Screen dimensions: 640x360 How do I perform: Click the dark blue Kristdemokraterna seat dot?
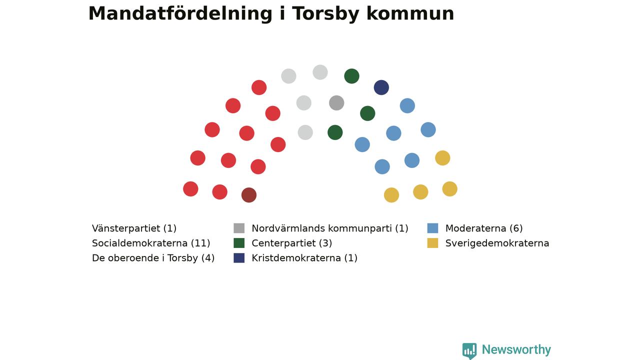click(x=381, y=87)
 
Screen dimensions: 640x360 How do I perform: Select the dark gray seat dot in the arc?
click(x=336, y=103)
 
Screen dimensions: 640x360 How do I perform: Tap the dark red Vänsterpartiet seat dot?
click(x=249, y=195)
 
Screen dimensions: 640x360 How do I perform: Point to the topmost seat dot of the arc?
click(x=320, y=72)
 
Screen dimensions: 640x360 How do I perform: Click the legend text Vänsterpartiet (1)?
click(x=134, y=228)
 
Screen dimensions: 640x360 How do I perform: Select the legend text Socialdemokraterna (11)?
click(x=151, y=243)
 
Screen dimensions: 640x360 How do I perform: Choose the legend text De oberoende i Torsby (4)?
click(x=153, y=258)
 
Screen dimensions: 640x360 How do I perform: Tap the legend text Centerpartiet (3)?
click(x=291, y=243)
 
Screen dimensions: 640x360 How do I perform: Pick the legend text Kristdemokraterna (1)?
click(x=304, y=258)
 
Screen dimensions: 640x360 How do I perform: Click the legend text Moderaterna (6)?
click(x=483, y=228)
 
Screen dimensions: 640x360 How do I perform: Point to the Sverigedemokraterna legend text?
click(x=497, y=243)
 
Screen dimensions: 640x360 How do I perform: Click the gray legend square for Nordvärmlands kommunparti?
click(x=239, y=228)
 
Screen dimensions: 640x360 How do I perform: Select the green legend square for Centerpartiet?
click(x=239, y=243)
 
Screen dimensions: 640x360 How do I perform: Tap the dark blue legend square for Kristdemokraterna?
click(x=239, y=258)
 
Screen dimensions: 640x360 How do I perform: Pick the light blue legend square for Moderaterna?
click(x=432, y=228)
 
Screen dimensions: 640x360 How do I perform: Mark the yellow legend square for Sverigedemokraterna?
click(x=432, y=243)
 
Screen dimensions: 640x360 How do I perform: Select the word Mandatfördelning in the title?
click(x=180, y=13)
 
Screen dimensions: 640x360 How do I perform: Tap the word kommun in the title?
click(x=410, y=13)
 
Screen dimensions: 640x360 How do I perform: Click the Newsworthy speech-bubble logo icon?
click(x=469, y=350)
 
